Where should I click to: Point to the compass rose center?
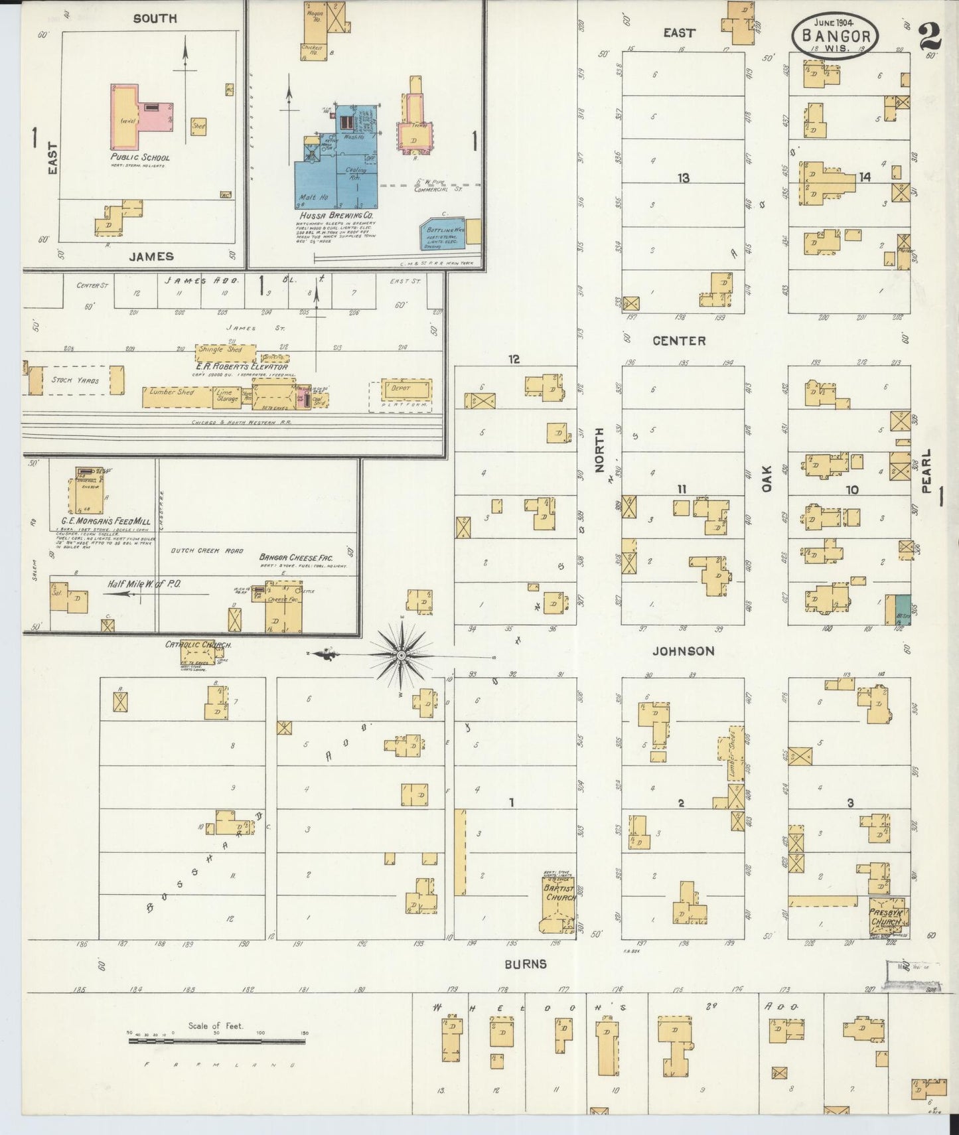coord(401,655)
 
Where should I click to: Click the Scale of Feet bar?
coord(216,1041)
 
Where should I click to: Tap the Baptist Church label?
coord(559,893)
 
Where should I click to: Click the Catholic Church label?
coord(198,644)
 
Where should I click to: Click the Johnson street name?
coord(683,651)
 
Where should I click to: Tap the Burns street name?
coord(525,964)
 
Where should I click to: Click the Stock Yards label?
coord(75,380)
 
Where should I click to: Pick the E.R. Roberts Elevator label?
coord(242,366)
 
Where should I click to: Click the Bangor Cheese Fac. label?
coord(295,558)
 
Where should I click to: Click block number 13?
coord(683,178)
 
